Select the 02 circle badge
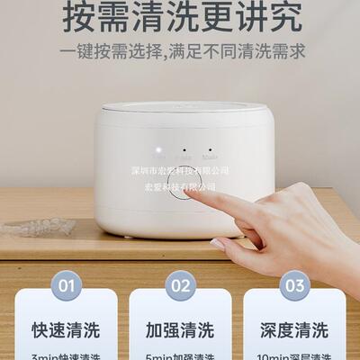(180, 285)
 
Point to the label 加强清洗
(180, 329)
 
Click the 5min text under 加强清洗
(180, 355)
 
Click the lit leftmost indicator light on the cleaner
(158, 150)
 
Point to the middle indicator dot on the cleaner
(184, 150)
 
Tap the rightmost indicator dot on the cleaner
(211, 150)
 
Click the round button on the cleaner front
(185, 185)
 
